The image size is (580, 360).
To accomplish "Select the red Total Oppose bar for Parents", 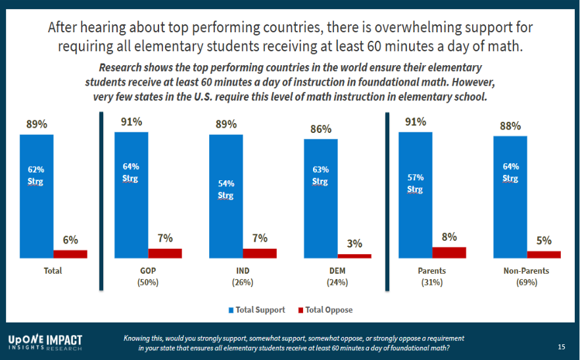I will point(449,252).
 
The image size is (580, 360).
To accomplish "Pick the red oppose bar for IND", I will point(260,253).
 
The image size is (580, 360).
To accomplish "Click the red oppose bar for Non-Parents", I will point(544,254).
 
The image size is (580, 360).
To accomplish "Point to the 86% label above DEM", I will point(321,129).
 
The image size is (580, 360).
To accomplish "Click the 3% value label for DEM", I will point(354,244).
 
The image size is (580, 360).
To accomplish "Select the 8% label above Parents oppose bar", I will point(449,236).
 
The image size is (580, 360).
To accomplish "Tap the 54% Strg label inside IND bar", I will point(226,189).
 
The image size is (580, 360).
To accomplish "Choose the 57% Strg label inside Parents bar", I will point(415,183).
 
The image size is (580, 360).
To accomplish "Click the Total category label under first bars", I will point(53,271).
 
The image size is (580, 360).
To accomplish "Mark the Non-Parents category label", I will point(527,271).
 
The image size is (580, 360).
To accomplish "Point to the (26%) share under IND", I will point(243,282).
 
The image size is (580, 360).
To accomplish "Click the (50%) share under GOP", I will point(148,282).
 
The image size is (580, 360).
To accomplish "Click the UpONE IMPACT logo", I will point(45,342).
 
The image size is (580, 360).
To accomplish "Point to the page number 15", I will point(561,346).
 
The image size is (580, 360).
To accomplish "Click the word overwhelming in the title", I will point(387,28).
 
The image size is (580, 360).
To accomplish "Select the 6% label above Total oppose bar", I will point(70,240).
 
